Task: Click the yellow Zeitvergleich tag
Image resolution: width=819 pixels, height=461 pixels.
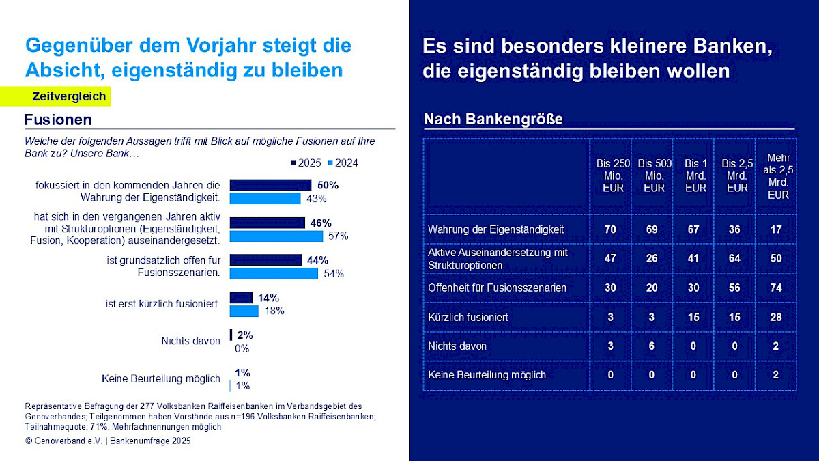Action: click(69, 96)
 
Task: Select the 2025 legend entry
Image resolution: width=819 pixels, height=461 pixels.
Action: click(305, 163)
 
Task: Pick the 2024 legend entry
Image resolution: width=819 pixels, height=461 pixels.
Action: click(343, 163)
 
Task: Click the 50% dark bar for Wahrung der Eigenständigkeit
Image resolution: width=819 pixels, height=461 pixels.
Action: click(270, 185)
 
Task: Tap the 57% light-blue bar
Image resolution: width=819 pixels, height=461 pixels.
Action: click(276, 236)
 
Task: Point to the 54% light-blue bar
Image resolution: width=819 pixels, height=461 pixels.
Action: click(274, 273)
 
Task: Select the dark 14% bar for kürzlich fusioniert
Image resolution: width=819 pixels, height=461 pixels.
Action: click(241, 298)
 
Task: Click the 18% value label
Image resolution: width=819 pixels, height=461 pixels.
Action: click(274, 311)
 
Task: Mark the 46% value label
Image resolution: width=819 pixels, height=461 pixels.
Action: click(321, 223)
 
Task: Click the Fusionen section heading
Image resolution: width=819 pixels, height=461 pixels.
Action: click(58, 120)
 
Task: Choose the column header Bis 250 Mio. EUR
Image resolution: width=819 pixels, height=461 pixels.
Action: click(613, 176)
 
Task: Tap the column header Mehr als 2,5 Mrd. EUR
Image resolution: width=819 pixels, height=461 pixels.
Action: click(775, 176)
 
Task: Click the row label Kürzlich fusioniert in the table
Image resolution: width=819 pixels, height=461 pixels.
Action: click(468, 317)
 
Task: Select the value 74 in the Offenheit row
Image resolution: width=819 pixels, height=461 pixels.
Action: click(775, 288)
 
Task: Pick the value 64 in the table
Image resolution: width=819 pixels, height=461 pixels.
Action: click(734, 258)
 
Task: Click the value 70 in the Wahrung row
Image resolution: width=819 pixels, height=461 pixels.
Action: click(610, 229)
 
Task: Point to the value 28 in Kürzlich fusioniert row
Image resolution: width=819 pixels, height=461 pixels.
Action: click(775, 317)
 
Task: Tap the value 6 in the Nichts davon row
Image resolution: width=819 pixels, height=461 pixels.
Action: click(652, 346)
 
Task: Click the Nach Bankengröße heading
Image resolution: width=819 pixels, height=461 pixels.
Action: click(493, 120)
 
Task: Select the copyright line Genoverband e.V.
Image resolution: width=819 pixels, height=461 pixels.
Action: click(108, 441)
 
